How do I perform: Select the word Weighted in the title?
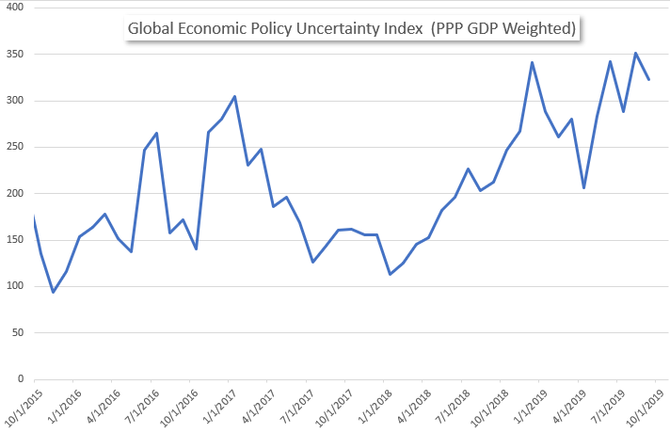coord(540,29)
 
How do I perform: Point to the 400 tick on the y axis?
coord(16,8)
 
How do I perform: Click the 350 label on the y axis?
coord(16,55)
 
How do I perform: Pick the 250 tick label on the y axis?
coord(16,147)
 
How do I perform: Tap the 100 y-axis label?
coord(16,286)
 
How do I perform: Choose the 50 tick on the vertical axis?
coord(19,332)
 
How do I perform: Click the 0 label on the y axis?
coord(22,378)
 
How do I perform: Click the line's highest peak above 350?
coord(636,53)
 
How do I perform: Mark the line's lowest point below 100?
coord(53,292)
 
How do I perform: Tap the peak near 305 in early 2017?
coord(234,96)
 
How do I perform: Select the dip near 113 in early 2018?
coord(391,274)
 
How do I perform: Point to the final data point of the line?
coord(649,79)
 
